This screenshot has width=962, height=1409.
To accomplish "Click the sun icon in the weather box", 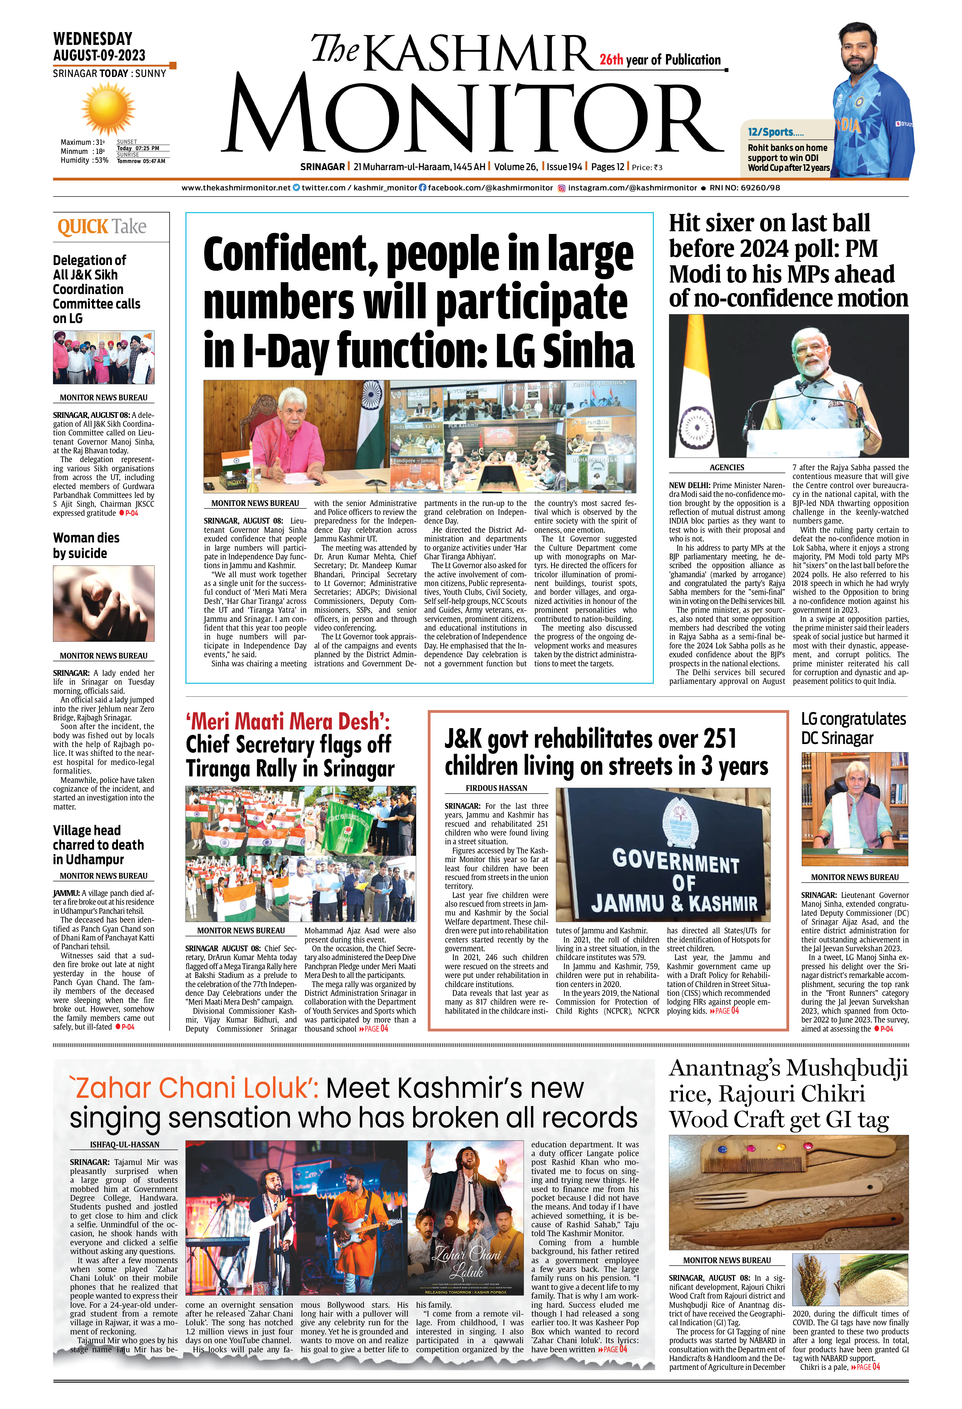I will tap(108, 109).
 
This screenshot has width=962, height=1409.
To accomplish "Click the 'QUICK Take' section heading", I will tap(102, 227).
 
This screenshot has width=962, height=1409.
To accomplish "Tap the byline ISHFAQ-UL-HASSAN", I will tap(124, 1145).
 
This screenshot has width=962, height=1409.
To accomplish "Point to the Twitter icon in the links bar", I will tap(296, 188).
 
